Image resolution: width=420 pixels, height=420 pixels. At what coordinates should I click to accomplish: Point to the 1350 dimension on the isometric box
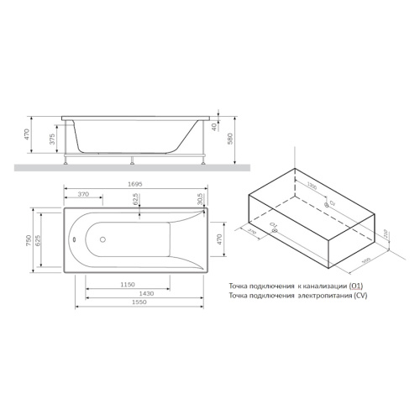(x=311, y=184)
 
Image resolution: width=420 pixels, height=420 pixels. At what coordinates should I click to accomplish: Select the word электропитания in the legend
(x=318, y=297)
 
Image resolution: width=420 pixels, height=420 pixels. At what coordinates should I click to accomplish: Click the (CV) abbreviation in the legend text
(x=360, y=297)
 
